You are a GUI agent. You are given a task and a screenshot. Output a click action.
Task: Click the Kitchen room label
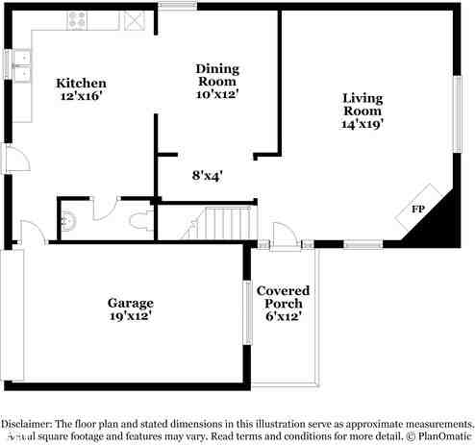[81, 84]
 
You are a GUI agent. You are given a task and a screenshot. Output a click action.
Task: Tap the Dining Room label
[216, 69]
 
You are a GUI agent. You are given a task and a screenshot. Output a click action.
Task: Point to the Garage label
[130, 303]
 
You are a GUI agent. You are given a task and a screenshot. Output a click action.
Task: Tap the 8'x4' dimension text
[207, 176]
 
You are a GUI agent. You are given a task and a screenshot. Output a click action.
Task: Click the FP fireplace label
[418, 210]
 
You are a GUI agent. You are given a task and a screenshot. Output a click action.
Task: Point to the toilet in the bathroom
[138, 223]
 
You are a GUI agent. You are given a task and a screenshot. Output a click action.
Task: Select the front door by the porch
[283, 235]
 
